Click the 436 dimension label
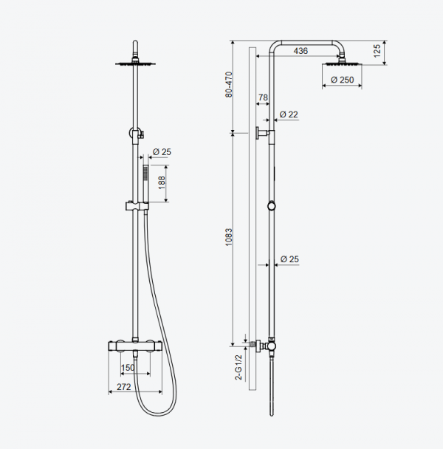301,51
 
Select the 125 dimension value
377,51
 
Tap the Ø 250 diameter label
342,80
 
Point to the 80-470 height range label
229,84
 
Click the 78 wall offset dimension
263,97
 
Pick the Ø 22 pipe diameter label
289,114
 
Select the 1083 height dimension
229,237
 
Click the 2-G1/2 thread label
238,367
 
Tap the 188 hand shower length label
162,182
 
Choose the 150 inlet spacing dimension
128,368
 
